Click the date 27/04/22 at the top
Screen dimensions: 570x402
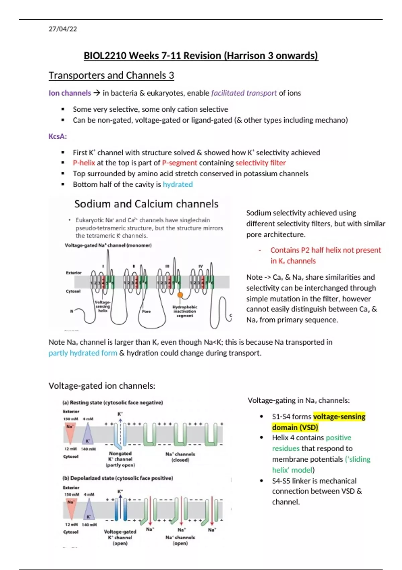click(63, 29)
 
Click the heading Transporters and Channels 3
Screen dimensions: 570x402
click(111, 75)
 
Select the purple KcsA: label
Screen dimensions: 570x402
click(58, 136)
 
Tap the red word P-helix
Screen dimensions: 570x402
click(84, 163)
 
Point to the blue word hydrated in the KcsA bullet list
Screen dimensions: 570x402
click(178, 184)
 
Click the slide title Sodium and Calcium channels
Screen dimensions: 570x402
click(146, 204)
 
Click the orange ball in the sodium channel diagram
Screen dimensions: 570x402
click(180, 295)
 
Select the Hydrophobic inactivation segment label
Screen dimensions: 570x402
click(185, 311)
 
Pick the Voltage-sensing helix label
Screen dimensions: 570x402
click(103, 306)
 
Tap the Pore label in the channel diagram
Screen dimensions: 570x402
click(146, 311)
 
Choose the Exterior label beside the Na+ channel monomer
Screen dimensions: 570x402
click(74, 273)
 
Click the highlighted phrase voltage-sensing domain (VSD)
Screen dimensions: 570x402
click(318, 422)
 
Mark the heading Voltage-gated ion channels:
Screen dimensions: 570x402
click(102, 386)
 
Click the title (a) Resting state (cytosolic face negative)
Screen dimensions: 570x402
click(113, 403)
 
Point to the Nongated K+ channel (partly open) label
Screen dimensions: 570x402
click(120, 459)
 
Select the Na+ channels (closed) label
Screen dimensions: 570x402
click(180, 457)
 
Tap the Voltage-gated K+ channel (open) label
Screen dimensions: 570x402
click(120, 537)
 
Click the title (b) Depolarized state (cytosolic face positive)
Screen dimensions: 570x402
click(118, 478)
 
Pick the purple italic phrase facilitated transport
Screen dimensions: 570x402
click(244, 93)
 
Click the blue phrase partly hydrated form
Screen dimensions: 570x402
click(83, 353)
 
